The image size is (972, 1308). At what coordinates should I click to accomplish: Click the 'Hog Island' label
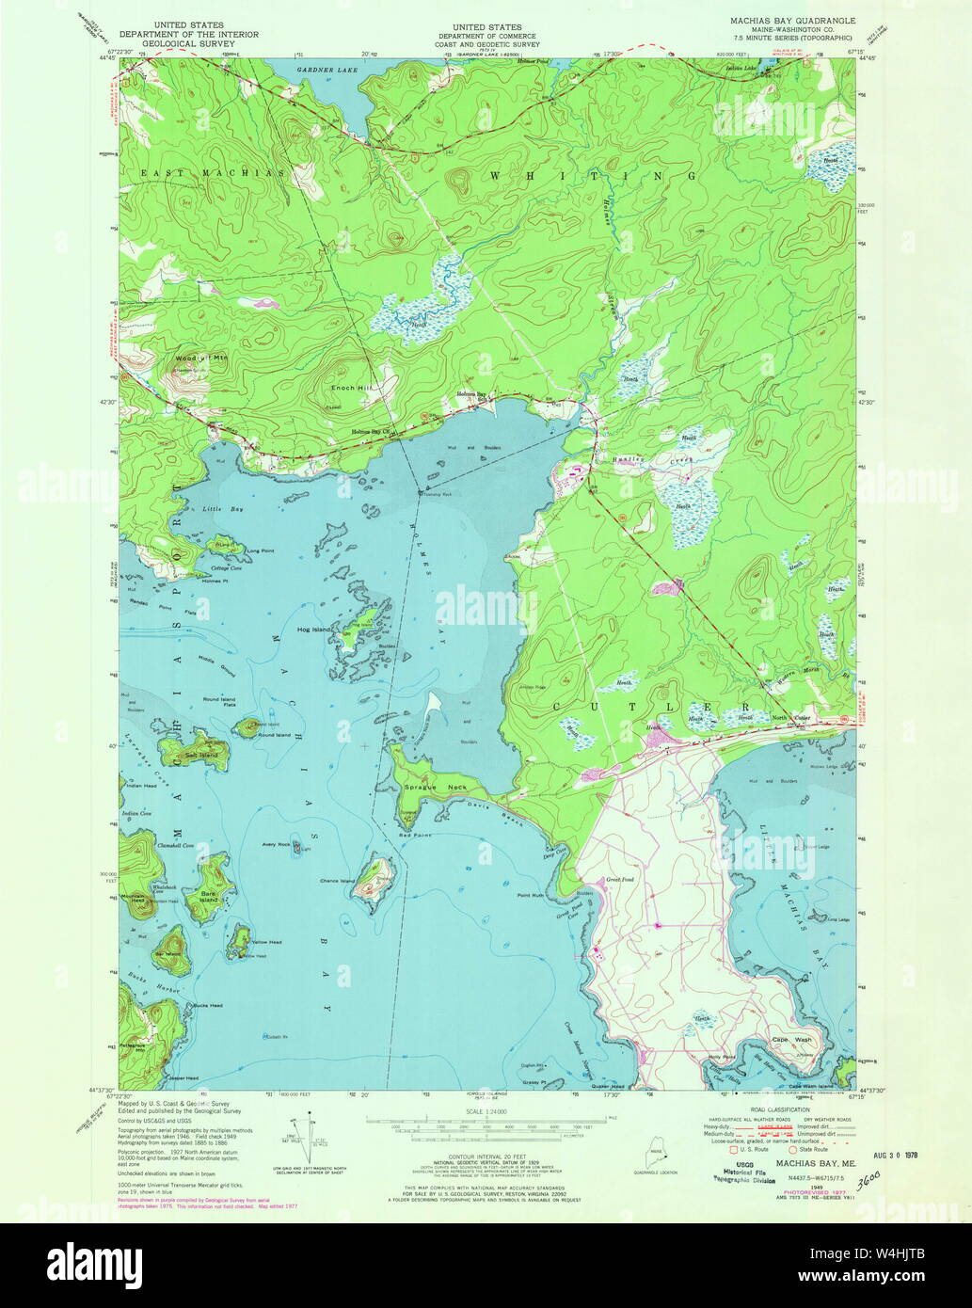(311, 629)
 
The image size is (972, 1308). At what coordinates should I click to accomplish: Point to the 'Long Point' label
(260, 550)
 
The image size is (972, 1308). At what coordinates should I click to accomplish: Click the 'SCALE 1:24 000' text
(486, 1111)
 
